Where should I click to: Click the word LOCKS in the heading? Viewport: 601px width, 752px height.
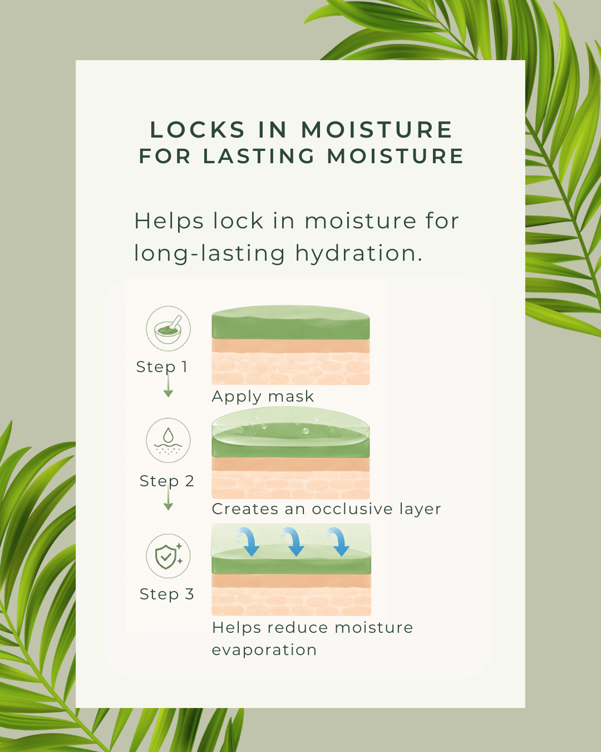[x=198, y=130]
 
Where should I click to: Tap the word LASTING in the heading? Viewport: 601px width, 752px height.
[x=259, y=156]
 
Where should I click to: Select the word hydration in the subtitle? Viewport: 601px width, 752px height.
[x=358, y=254]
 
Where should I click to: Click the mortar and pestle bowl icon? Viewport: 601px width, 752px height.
[x=168, y=329]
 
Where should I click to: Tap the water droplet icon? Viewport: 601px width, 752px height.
[x=168, y=440]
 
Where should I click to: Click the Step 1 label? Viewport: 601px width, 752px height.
[x=162, y=367]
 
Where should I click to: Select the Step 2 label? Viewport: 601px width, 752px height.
[x=166, y=481]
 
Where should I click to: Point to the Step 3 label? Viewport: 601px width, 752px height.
[x=166, y=594]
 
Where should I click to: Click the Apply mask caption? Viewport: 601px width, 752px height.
[x=263, y=397]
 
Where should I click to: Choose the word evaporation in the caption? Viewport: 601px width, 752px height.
[x=264, y=650]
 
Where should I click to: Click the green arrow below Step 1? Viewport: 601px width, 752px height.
[x=168, y=385]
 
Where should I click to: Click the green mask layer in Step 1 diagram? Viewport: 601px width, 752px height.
[x=290, y=323]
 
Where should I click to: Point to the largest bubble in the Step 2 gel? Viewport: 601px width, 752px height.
[x=306, y=431]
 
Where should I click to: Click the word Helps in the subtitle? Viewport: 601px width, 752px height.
[x=169, y=221]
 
